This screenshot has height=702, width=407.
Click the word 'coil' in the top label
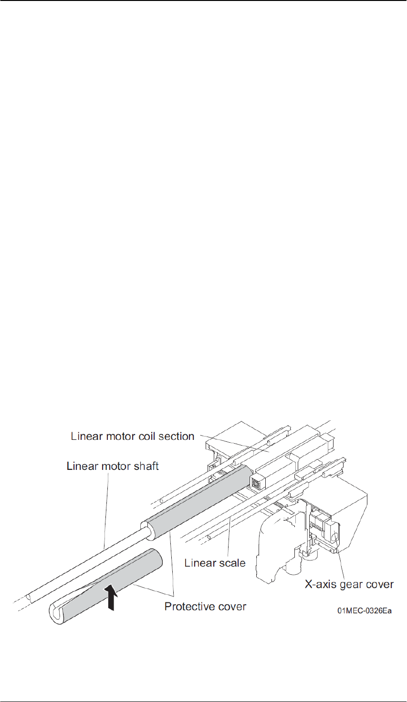(139, 437)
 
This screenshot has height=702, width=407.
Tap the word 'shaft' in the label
(144, 466)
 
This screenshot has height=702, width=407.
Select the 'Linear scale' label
(215, 563)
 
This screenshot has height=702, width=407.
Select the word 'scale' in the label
(231, 563)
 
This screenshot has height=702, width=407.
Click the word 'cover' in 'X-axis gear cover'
(380, 584)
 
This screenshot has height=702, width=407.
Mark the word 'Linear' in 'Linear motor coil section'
(85, 437)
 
